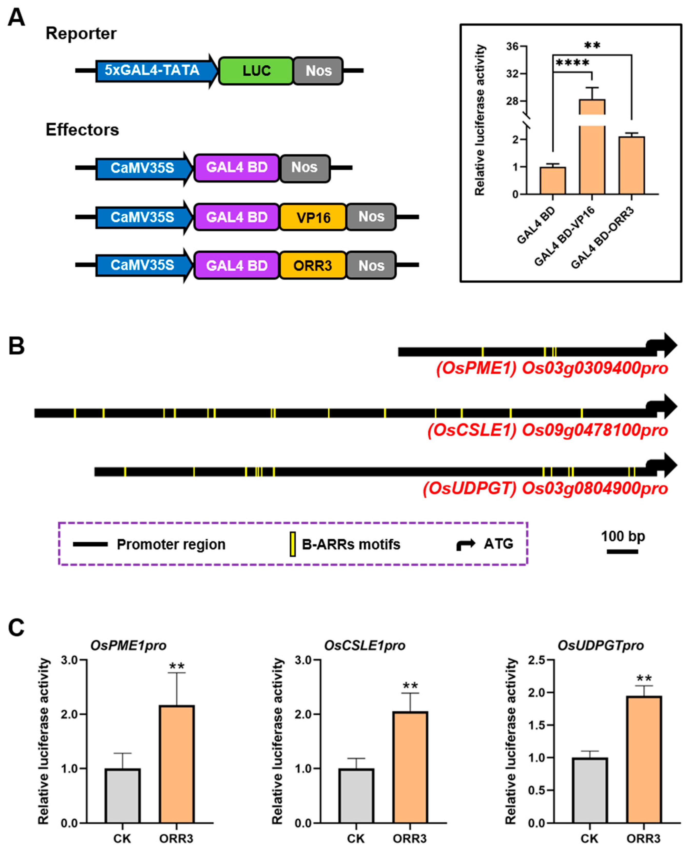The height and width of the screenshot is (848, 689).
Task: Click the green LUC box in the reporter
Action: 256,71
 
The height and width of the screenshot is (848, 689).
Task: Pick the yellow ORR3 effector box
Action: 313,265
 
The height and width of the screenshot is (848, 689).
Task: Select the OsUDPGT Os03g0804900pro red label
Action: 545,488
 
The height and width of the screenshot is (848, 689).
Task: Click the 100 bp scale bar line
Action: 622,551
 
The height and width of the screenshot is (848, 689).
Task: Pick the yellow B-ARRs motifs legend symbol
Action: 292,544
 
